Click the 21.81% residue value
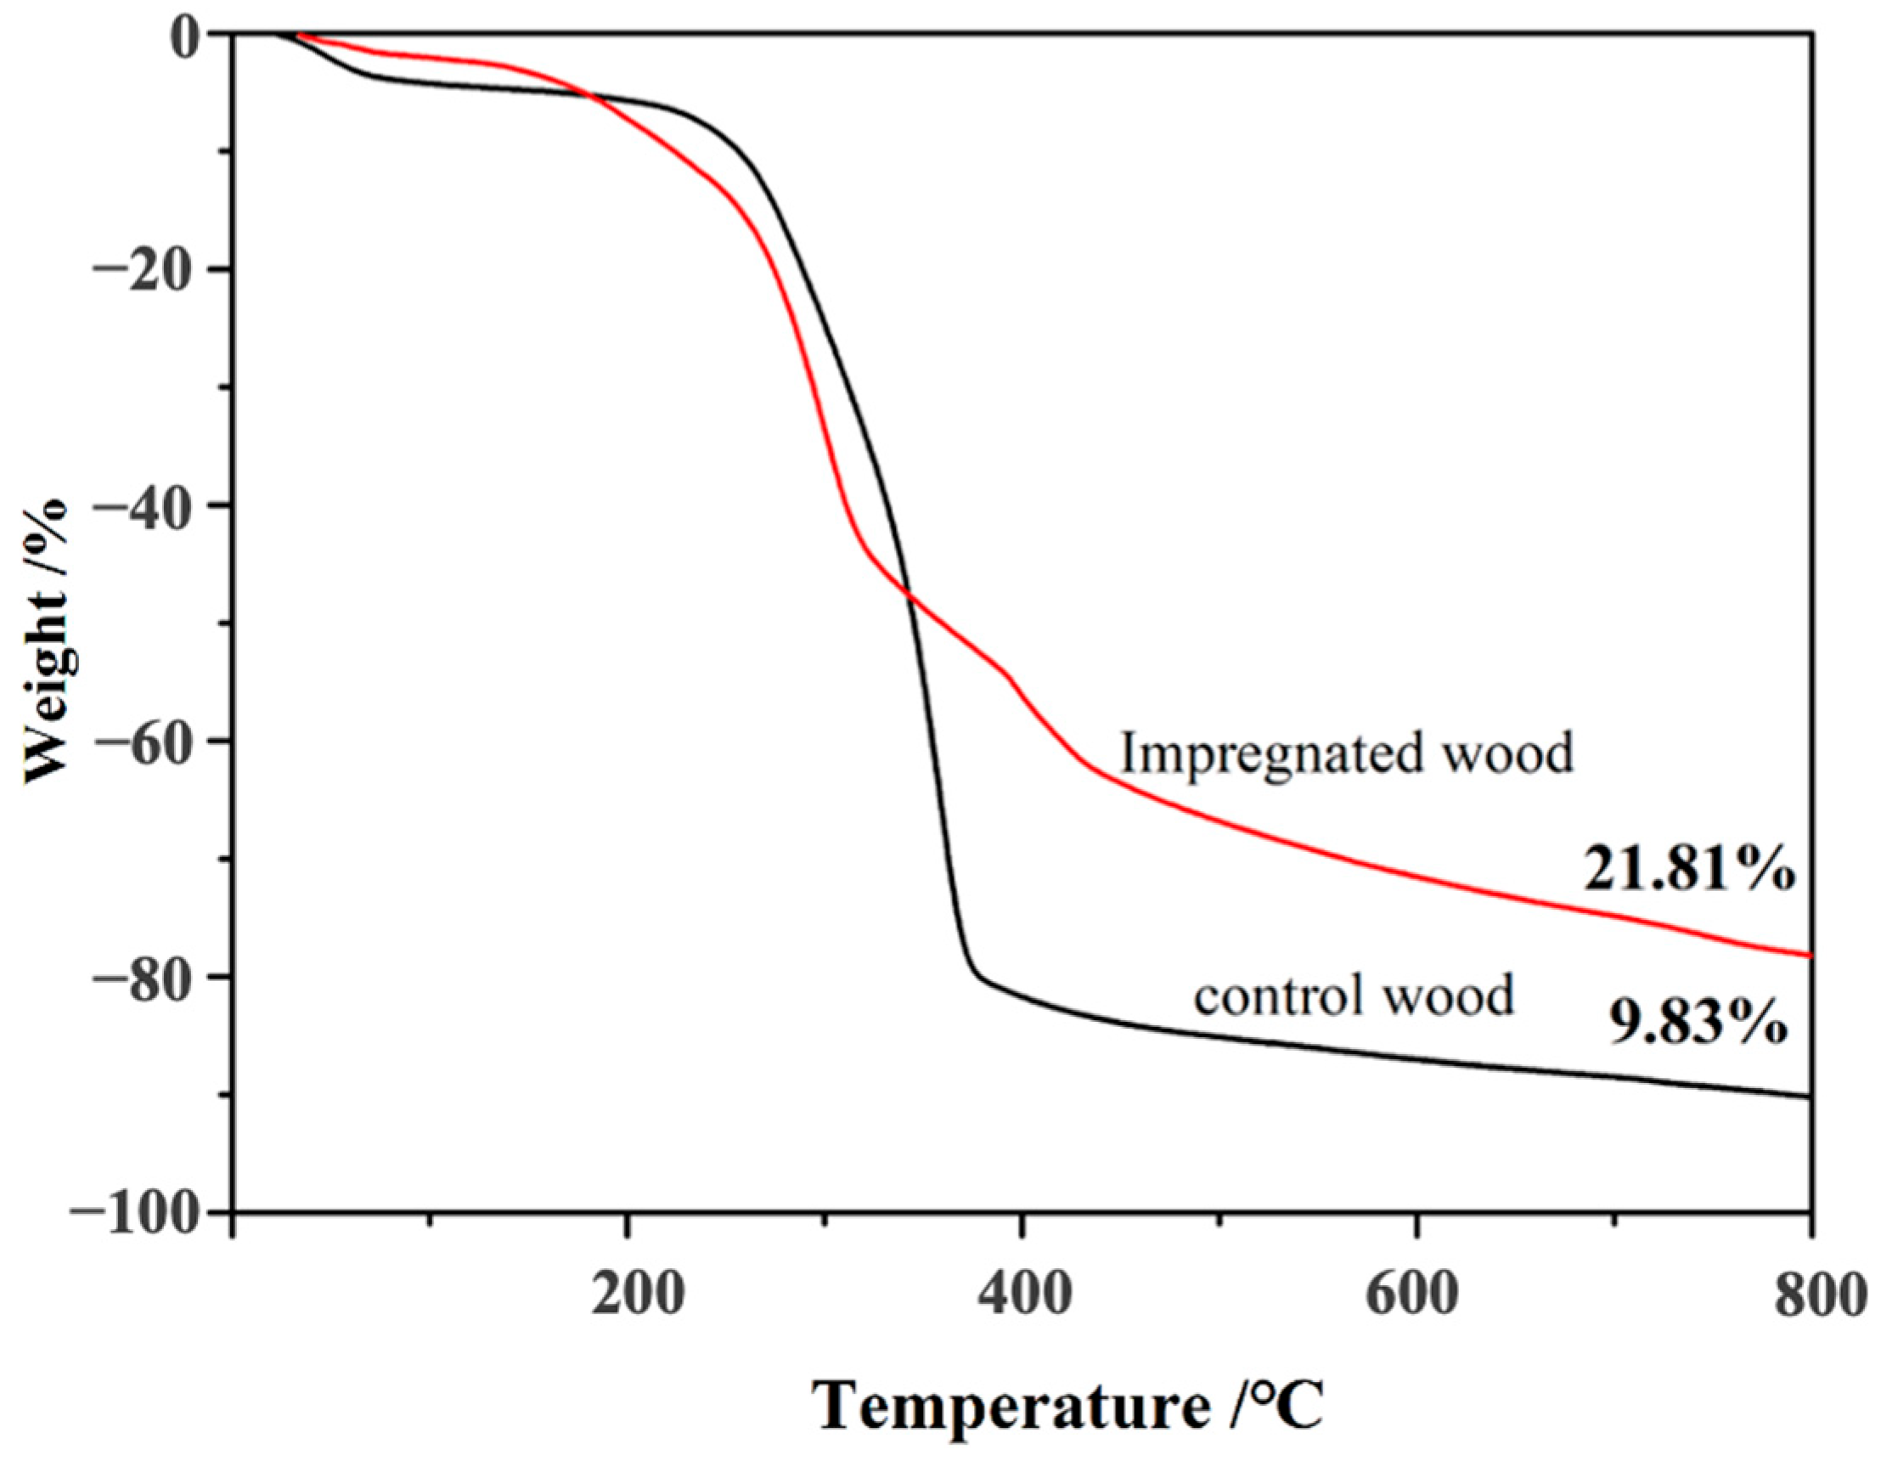click(1689, 871)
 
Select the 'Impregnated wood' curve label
click(1346, 753)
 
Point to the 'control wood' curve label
click(1354, 996)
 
